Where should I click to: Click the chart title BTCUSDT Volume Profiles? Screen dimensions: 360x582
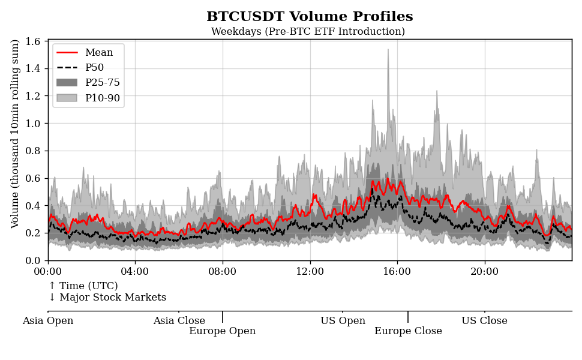click(x=310, y=17)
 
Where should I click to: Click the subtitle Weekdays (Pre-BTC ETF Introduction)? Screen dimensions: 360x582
click(x=308, y=32)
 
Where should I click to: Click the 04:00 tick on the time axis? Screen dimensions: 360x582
click(x=136, y=271)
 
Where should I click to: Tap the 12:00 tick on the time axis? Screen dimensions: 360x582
click(x=310, y=271)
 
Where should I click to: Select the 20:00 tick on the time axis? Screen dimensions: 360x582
click(x=484, y=271)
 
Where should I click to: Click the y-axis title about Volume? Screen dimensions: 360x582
click(x=16, y=134)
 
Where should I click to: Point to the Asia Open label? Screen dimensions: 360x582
click(x=48, y=321)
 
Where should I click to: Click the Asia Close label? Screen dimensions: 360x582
click(x=179, y=321)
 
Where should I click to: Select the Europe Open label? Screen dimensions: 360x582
click(x=222, y=331)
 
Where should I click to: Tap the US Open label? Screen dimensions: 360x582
click(x=343, y=321)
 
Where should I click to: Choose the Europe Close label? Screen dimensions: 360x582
click(x=408, y=331)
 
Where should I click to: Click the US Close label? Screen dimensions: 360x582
click(x=484, y=321)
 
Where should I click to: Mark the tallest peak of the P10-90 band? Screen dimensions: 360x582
click(x=388, y=50)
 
